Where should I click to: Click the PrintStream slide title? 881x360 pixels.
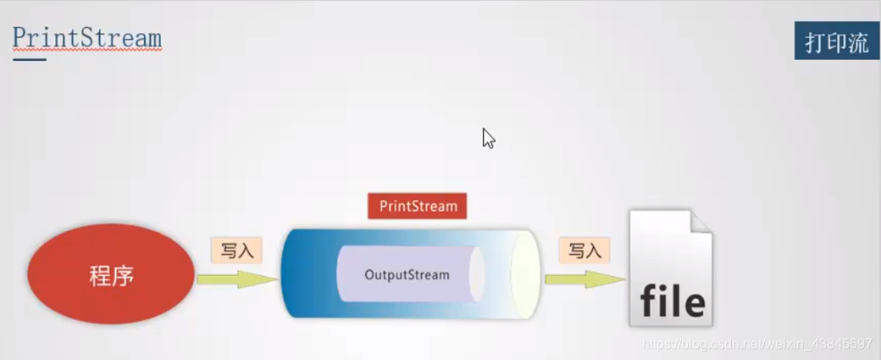point(87,38)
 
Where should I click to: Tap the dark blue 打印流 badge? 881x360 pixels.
point(837,42)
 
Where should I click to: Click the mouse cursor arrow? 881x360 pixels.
point(487,137)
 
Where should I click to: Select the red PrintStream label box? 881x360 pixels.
point(418,206)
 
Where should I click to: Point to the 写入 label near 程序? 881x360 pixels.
point(236,251)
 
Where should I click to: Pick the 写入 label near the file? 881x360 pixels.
point(584,251)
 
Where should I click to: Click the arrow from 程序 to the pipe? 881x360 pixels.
point(237,279)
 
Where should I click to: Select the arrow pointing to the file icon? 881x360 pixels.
point(584,279)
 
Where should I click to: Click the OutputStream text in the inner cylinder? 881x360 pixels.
point(407,274)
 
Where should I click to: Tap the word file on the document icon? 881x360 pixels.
point(673,302)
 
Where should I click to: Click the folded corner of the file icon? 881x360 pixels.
point(700,224)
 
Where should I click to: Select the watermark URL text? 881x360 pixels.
point(757,344)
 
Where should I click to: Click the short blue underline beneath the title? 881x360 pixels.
point(29,59)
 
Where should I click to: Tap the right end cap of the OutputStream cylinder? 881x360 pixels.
point(477,274)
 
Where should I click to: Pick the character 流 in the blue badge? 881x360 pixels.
point(859,43)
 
